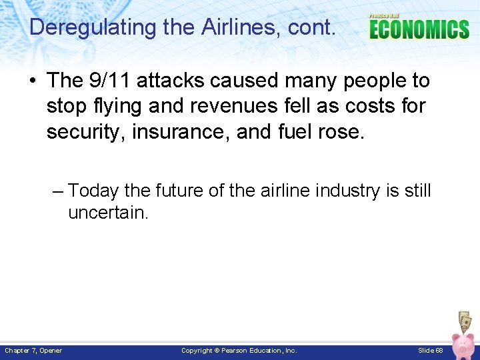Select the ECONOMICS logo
419,29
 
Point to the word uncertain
108,213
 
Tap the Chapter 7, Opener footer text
33,351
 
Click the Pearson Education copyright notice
239,351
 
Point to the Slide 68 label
431,351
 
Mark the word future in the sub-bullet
179,191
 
